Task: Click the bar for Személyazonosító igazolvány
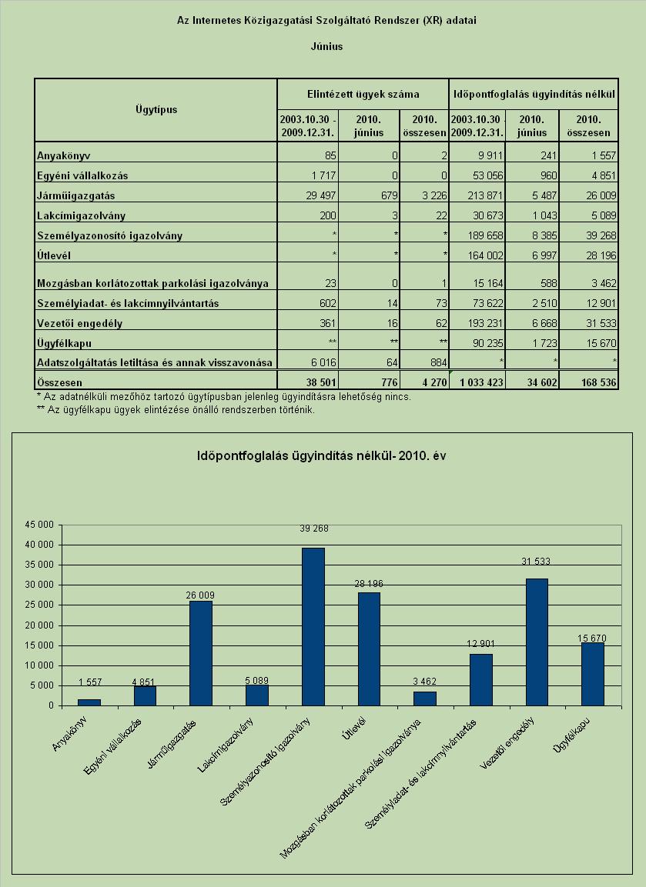pyautogui.click(x=313, y=627)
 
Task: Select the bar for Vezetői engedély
pyautogui.click(x=537, y=642)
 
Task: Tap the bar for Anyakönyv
pyautogui.click(x=89, y=702)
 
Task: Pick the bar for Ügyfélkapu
pyautogui.click(x=592, y=675)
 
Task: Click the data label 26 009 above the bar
pyautogui.click(x=200, y=595)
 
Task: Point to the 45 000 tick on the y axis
pyautogui.click(x=39, y=525)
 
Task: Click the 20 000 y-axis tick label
pyautogui.click(x=39, y=625)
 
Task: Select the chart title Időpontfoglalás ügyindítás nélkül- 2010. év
pyautogui.click(x=322, y=455)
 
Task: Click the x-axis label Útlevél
pyautogui.click(x=354, y=728)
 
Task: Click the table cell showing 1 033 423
pyautogui.click(x=477, y=382)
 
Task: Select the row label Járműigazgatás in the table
pyautogui.click(x=76, y=195)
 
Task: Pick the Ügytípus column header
pyautogui.click(x=156, y=109)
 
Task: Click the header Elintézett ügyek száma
pyautogui.click(x=363, y=94)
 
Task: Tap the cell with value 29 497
pyautogui.click(x=320, y=195)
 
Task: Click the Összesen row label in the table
pyautogui.click(x=59, y=382)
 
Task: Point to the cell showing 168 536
pyautogui.click(x=598, y=382)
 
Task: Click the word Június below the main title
pyautogui.click(x=326, y=46)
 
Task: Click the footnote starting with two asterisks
pyautogui.click(x=176, y=409)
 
